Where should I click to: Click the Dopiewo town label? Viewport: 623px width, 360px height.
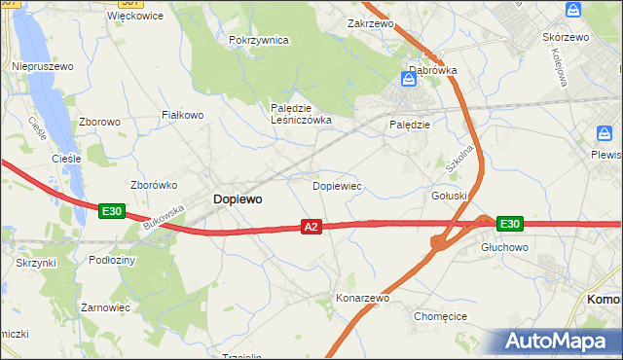237,198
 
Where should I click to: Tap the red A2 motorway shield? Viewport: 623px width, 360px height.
311,227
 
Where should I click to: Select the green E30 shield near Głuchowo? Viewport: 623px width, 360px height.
509,224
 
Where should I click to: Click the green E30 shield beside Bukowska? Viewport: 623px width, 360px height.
111,210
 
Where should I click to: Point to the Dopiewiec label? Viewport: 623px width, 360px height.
337,185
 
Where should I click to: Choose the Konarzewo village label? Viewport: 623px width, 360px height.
362,298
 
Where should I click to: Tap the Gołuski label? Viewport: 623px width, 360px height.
449,196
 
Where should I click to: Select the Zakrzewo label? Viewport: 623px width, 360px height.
370,21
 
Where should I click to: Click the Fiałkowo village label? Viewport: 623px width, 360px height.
182,115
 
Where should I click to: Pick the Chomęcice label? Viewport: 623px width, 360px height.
441,316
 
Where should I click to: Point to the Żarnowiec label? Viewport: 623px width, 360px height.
105,306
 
